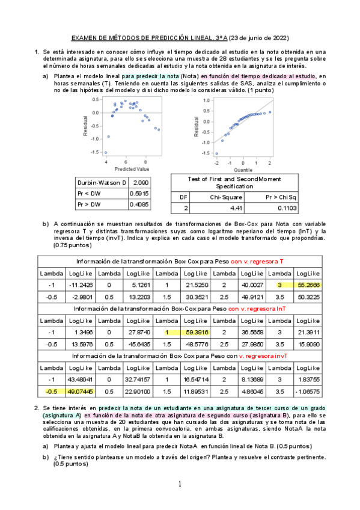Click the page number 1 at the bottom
[x=180, y=485]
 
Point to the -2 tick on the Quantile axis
[x=216, y=162]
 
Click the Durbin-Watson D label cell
[x=102, y=182]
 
